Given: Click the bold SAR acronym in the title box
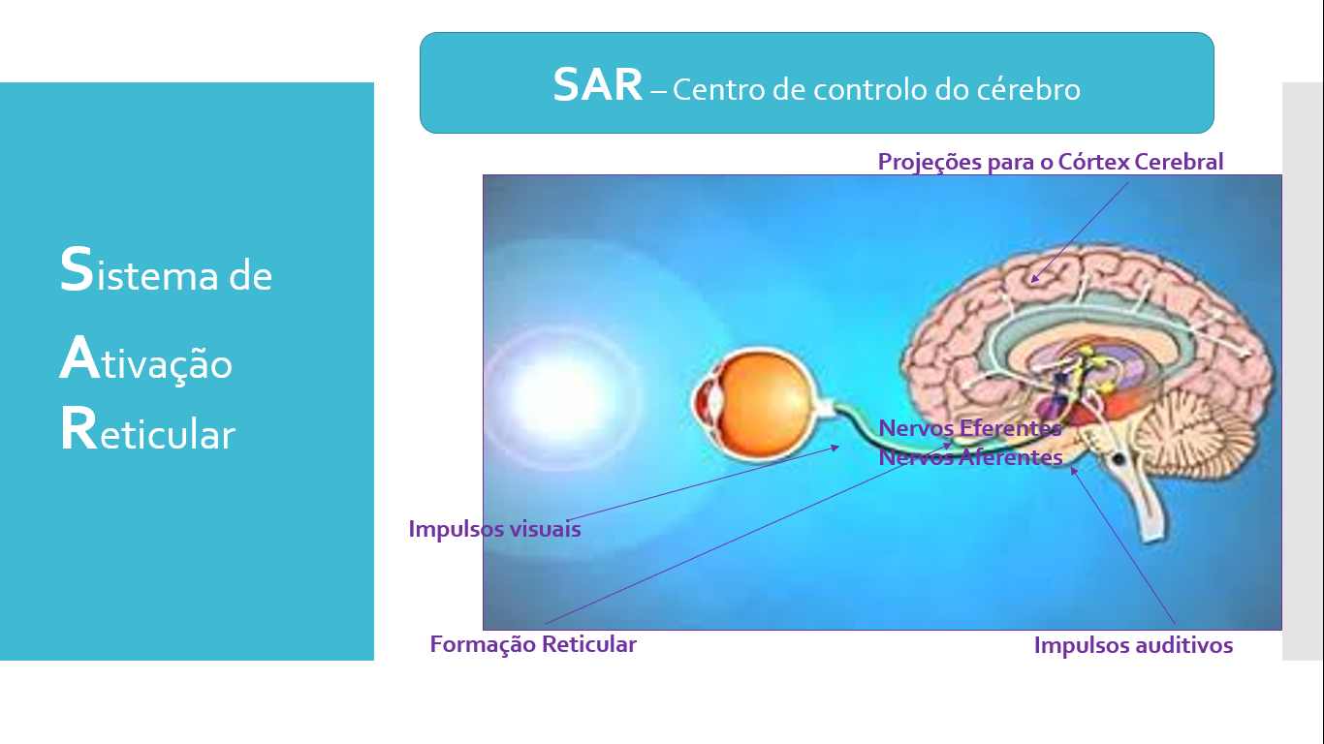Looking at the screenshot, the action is coord(598,84).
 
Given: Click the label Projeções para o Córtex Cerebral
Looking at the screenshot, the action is coord(1051,162).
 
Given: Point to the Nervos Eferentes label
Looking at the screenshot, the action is coord(970,428).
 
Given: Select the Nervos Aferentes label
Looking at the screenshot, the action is coord(970,457).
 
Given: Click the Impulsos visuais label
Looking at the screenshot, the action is coord(494,529).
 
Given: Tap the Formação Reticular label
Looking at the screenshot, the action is coord(533,644).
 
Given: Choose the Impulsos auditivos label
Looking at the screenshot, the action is coord(1133,645).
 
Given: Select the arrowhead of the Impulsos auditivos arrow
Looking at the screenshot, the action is coord(1073,471).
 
